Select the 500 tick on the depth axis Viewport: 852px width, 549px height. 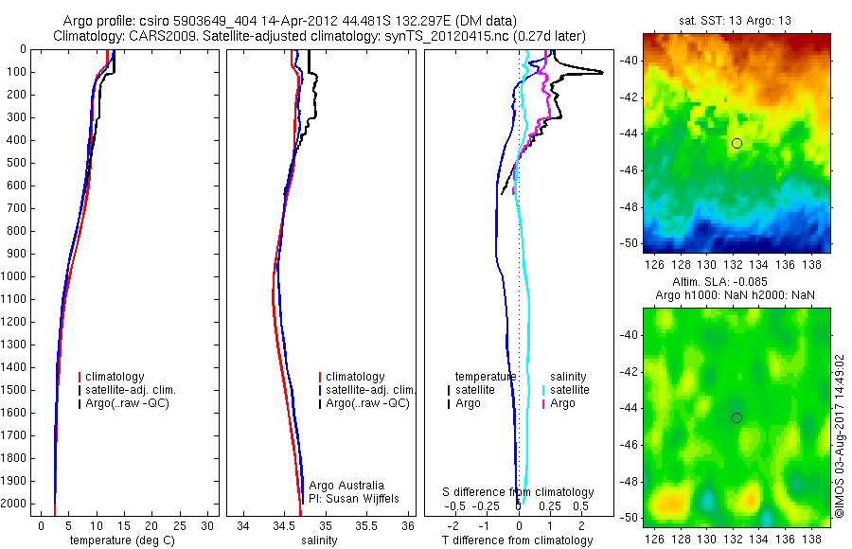coord(20,163)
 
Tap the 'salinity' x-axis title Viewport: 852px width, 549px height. coord(317,540)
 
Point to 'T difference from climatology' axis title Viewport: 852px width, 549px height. coord(517,540)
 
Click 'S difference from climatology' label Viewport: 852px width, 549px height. coord(518,492)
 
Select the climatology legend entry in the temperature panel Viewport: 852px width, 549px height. coord(117,377)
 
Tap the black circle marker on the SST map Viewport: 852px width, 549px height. coord(737,143)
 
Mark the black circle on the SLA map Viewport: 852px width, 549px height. coord(737,417)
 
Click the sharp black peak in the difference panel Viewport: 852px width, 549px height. coord(598,72)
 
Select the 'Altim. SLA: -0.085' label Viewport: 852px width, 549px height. coord(736,282)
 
